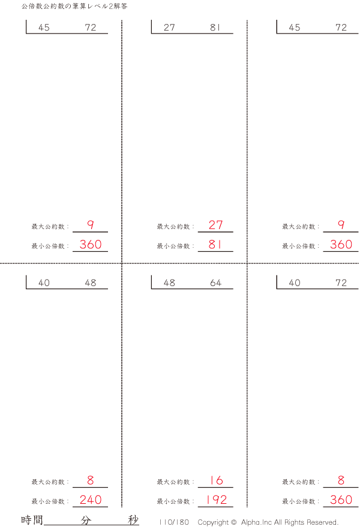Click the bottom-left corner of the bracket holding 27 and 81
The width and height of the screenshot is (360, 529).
(x=151, y=34)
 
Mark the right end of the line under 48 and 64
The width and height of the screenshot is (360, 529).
(x=233, y=289)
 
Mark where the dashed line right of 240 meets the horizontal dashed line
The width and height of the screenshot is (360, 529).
(x=122, y=263)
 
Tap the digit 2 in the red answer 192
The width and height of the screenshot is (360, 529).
(x=223, y=500)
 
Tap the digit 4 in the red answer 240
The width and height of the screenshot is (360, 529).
(x=91, y=500)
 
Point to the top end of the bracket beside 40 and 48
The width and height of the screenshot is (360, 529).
(x=26, y=276)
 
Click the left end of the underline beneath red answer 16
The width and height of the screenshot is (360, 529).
(x=198, y=487)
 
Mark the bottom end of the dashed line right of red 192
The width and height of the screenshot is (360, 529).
(x=247, y=507)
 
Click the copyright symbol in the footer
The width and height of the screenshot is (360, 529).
(x=234, y=522)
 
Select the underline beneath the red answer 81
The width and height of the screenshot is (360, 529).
(x=215, y=251)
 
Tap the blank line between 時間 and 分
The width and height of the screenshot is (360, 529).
(x=62, y=525)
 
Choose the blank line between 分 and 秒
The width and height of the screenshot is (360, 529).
(x=110, y=525)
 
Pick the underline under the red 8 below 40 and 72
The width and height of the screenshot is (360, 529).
(x=341, y=487)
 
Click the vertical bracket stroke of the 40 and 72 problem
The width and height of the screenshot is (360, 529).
(x=277, y=282)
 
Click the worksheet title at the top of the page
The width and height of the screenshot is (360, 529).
(x=74, y=6)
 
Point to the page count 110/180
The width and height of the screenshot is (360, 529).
(x=174, y=522)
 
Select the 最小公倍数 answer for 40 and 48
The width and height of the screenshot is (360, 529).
(x=91, y=500)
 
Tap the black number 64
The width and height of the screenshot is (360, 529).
(x=215, y=282)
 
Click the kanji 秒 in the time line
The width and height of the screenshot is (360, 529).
(x=133, y=520)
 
